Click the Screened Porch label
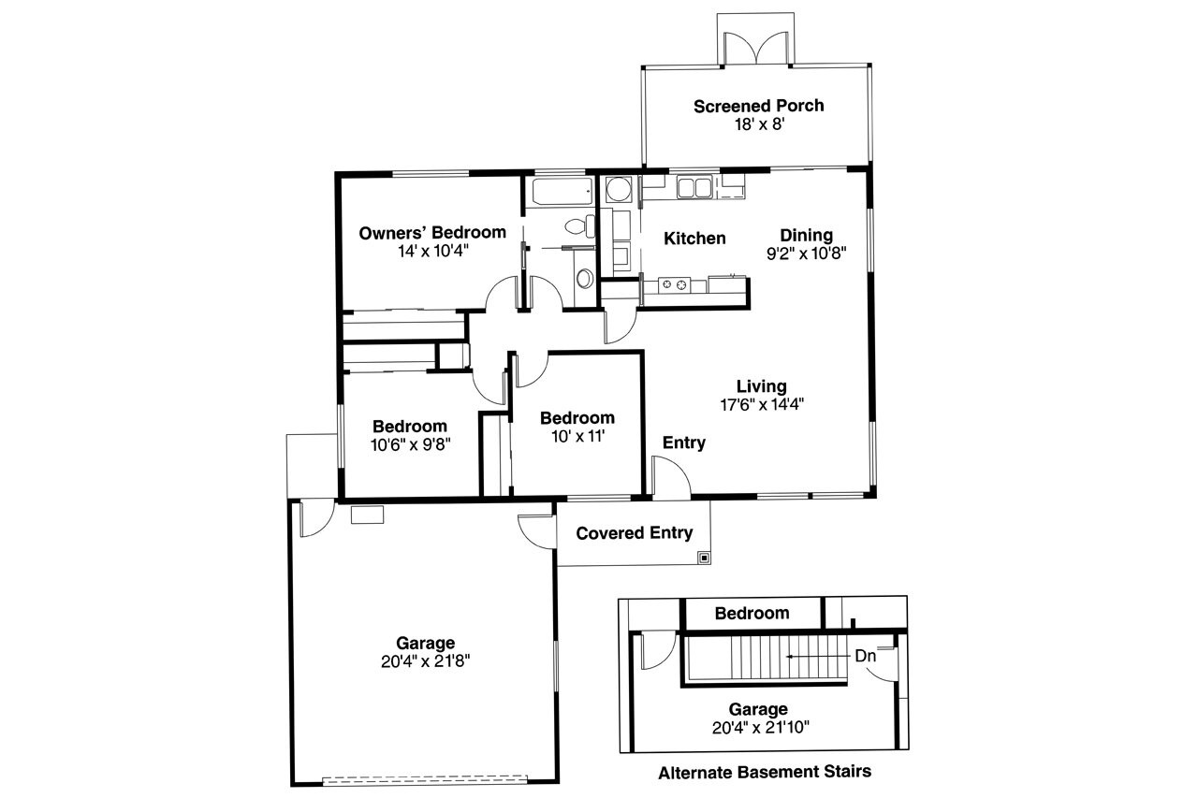(x=758, y=106)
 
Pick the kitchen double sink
(x=694, y=188)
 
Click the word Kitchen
(x=694, y=239)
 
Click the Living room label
(x=761, y=386)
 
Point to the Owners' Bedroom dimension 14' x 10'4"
(x=432, y=250)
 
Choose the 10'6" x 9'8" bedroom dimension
(x=410, y=444)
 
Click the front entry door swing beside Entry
(x=671, y=476)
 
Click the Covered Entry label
(x=634, y=533)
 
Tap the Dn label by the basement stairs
(x=865, y=656)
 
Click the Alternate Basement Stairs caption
(x=765, y=773)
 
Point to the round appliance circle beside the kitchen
(x=618, y=192)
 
